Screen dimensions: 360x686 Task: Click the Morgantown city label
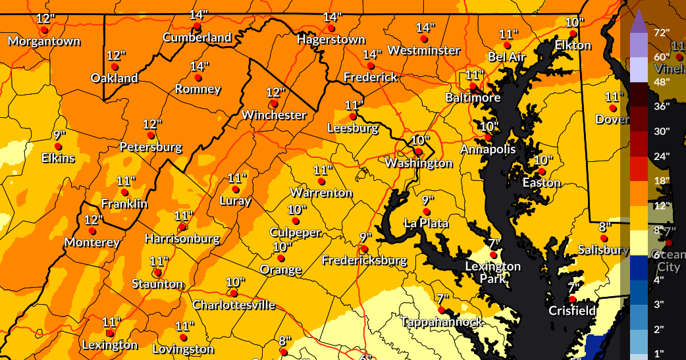tap(44, 41)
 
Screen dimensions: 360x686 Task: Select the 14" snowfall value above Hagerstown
tap(332, 17)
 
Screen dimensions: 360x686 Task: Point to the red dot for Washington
tap(417, 151)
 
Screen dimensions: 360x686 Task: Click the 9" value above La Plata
tap(428, 200)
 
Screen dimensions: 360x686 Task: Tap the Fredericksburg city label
tap(364, 261)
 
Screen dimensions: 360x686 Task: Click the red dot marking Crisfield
tap(573, 299)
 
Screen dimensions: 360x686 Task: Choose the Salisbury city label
tap(603, 249)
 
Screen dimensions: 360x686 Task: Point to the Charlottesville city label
tap(234, 305)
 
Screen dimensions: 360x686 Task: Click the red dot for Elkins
tap(58, 146)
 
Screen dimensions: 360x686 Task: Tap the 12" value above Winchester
tap(275, 93)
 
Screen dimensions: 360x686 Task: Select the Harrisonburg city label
tap(182, 238)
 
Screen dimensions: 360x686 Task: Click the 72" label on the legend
tap(661, 32)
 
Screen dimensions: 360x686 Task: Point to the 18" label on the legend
tap(661, 180)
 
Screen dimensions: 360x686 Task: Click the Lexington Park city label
tap(493, 272)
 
